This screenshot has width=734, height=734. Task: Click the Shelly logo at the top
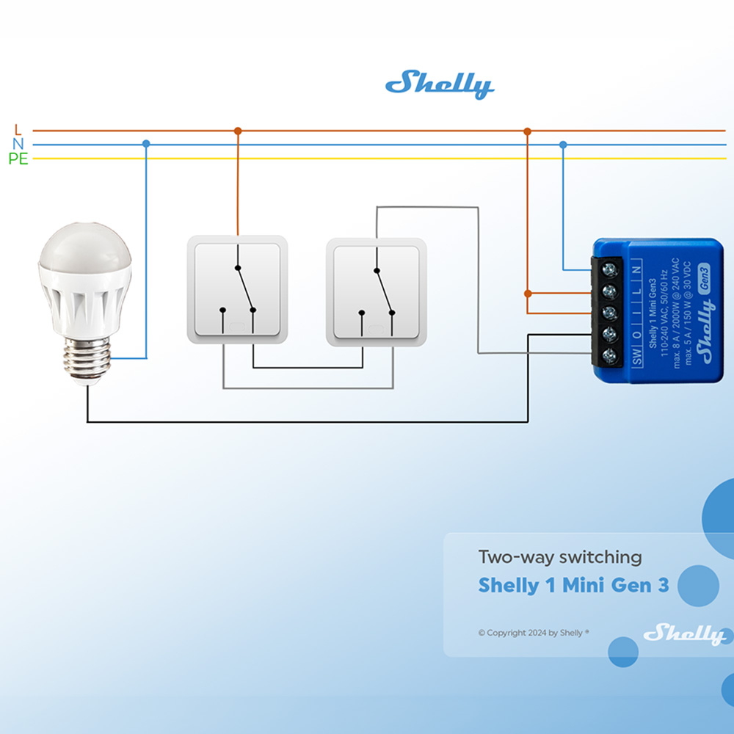click(x=439, y=84)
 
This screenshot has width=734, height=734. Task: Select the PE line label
click(x=18, y=159)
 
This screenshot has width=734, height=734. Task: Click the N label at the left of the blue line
click(x=18, y=145)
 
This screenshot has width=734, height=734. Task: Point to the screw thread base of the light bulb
click(x=87, y=359)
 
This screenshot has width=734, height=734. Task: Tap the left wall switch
click(x=237, y=289)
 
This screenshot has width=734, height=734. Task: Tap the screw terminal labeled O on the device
click(x=609, y=335)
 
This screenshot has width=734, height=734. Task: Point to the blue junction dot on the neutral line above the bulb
click(x=146, y=144)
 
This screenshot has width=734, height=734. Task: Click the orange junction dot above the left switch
click(x=237, y=131)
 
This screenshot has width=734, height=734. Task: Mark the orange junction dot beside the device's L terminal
click(x=528, y=293)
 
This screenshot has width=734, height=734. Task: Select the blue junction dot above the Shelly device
click(x=563, y=145)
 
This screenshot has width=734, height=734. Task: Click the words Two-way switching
click(x=560, y=557)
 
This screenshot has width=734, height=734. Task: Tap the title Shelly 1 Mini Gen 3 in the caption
click(x=573, y=586)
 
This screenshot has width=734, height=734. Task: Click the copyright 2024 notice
click(x=534, y=633)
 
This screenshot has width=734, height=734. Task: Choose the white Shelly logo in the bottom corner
click(x=683, y=633)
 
